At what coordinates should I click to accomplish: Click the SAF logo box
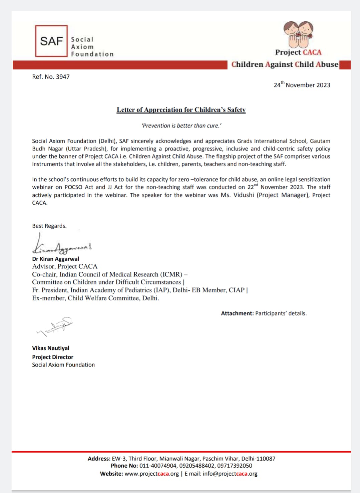[51, 41]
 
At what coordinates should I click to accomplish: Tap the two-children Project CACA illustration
[298, 34]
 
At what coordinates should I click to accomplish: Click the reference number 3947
[63, 77]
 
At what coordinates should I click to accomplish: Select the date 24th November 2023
[302, 85]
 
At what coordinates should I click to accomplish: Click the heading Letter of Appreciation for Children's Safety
[181, 110]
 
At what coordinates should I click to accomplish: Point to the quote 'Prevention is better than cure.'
[181, 126]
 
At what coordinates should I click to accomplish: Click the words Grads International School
[272, 141]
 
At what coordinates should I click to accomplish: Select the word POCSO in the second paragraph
[73, 187]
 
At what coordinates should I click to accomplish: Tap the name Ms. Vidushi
[237, 195]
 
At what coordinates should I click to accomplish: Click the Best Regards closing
[49, 226]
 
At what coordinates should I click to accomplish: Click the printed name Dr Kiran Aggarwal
[55, 259]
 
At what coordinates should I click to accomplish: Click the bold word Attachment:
[237, 313]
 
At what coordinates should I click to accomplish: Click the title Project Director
[52, 357]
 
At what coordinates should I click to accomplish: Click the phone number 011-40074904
[158, 466]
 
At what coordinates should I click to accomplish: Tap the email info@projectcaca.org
[230, 474]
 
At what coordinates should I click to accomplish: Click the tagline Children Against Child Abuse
[285, 64]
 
